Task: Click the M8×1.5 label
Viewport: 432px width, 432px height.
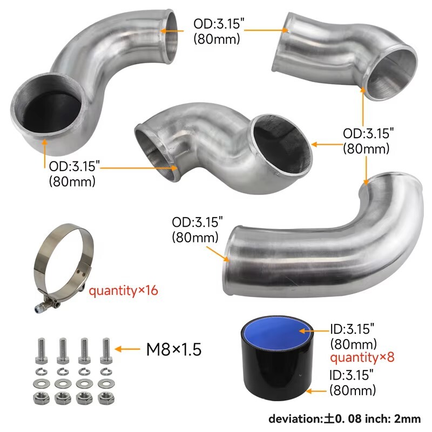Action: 174,349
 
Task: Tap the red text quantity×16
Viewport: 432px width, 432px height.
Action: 124,291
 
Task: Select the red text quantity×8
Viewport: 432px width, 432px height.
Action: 362,357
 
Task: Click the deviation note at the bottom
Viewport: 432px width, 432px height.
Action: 345,419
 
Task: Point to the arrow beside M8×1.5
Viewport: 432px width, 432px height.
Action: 127,349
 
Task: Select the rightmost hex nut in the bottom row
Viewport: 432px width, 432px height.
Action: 106,399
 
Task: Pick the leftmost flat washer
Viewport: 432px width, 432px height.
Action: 42,383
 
